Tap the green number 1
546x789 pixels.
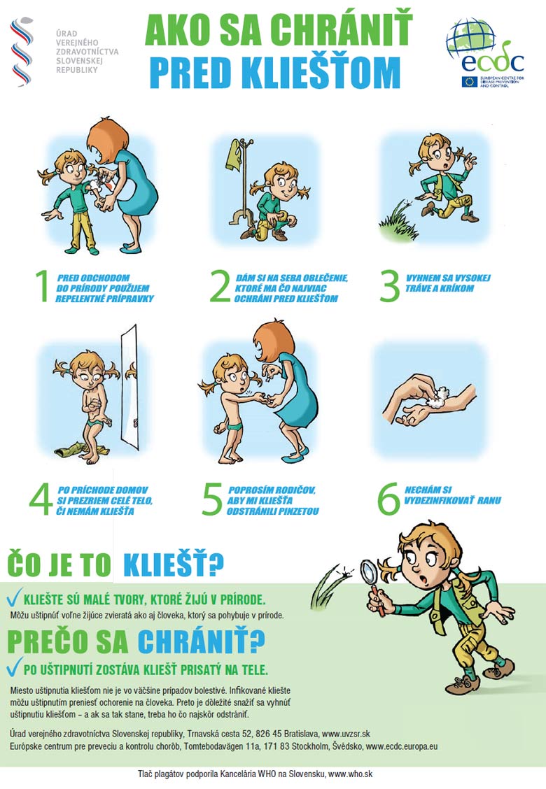coord(43,286)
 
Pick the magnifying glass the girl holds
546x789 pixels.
coord(373,583)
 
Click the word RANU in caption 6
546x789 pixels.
coord(489,501)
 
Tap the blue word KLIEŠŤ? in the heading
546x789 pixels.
coord(174,564)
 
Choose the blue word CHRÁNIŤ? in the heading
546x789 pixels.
coord(201,641)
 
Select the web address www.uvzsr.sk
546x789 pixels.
coord(346,734)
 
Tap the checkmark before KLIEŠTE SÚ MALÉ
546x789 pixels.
coord(14,597)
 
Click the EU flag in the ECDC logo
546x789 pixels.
coord(469,82)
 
